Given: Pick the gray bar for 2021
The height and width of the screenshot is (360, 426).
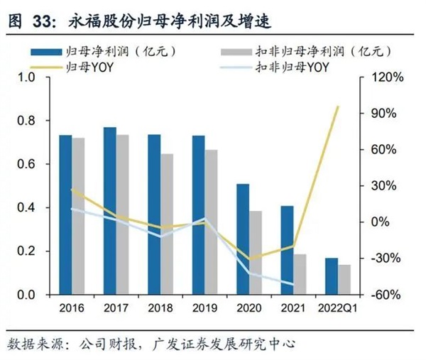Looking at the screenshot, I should click(x=300, y=274).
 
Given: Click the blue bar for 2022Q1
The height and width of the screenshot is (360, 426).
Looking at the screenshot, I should click(x=331, y=276).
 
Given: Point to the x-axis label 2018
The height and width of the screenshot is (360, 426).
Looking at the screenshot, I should click(x=160, y=308).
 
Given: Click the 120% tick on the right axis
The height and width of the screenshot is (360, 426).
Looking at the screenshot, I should click(x=386, y=77).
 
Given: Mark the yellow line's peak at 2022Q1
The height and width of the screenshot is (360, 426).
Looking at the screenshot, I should click(x=338, y=106).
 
